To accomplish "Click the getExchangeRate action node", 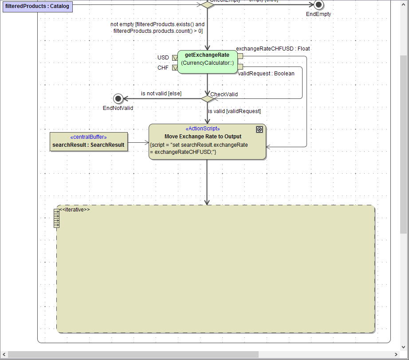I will click(x=207, y=62).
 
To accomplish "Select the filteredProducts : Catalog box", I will click(x=37, y=7).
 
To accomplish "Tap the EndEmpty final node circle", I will click(x=318, y=5).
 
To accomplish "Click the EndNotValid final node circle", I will click(x=118, y=98).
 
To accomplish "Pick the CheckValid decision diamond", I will click(x=207, y=98).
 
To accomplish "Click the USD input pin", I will click(x=175, y=58).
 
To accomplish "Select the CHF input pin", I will click(x=175, y=68).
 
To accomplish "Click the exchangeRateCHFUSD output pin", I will click(x=240, y=56).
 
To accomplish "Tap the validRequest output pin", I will click(x=240, y=67).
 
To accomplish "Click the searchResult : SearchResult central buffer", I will click(x=89, y=142).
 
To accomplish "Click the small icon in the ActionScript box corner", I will click(x=260, y=129).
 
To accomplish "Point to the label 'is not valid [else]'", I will click(x=161, y=94).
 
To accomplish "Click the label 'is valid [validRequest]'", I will click(x=234, y=111).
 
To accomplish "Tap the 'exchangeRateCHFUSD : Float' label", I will click(x=273, y=49).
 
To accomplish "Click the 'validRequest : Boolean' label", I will click(x=266, y=74).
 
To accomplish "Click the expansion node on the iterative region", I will click(x=56, y=218).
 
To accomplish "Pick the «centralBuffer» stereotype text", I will click(x=89, y=137).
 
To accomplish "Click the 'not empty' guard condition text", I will click(x=157, y=27).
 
